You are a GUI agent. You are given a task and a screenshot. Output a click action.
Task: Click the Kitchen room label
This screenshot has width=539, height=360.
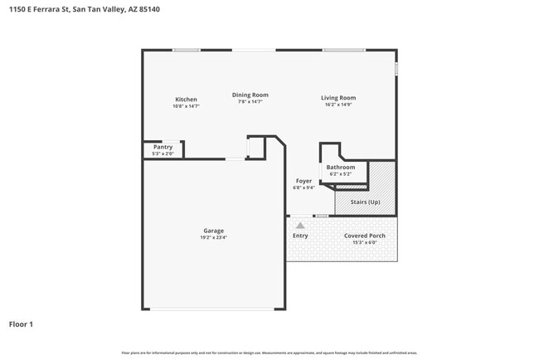coord(186,100)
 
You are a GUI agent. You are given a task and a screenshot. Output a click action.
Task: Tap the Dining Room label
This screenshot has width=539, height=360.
coord(250,95)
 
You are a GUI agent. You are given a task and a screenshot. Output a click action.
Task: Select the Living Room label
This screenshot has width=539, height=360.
coord(338,98)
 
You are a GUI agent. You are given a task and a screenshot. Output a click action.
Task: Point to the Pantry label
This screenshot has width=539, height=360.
coord(163,147)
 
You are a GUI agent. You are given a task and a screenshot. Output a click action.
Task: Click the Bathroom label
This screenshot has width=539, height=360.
coord(340,168)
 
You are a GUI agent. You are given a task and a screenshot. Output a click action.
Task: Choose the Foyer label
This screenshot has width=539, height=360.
coord(303,181)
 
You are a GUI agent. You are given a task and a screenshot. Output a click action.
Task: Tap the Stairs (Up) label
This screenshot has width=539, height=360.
coord(365,202)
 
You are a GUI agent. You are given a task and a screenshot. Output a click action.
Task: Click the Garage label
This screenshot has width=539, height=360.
coord(213,231)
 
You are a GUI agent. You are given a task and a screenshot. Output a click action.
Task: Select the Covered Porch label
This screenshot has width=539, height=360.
coord(366,236)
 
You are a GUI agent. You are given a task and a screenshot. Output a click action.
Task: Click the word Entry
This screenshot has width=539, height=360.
coord(300,236)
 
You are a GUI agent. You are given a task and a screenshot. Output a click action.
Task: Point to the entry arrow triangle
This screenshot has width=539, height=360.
coord(300,224)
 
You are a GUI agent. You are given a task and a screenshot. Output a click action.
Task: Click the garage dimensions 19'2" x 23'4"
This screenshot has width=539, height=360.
coord(213,237)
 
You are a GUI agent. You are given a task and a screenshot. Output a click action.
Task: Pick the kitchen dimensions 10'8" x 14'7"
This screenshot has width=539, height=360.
coord(186,106)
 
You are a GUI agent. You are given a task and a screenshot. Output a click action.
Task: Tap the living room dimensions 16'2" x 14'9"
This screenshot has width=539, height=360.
coord(338,105)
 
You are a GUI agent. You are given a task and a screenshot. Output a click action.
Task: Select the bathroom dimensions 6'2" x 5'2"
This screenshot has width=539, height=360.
coord(340,174)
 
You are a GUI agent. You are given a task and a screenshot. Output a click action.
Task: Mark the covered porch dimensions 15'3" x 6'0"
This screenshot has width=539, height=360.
coord(366,242)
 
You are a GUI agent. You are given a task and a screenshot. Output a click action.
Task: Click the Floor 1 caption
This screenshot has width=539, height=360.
coord(21,324)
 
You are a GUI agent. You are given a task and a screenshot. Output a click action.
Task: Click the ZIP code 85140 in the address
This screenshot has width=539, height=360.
coord(150,9)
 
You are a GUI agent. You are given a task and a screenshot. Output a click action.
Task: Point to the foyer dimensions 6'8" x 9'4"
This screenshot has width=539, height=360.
coord(303,187)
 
